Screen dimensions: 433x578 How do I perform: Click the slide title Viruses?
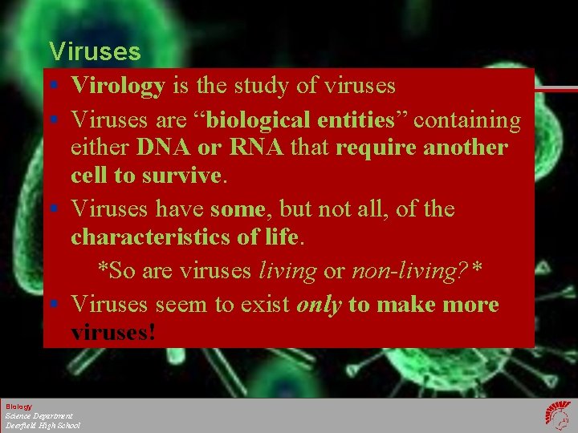(x=95, y=52)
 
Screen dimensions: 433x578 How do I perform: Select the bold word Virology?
(x=118, y=85)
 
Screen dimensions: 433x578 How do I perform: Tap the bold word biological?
(x=260, y=120)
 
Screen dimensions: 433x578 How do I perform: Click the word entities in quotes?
(x=356, y=120)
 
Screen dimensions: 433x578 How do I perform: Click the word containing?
(x=466, y=120)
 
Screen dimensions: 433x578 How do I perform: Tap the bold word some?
(x=238, y=209)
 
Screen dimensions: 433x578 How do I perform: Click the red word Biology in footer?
(x=19, y=407)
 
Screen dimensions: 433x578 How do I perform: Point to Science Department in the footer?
(x=39, y=416)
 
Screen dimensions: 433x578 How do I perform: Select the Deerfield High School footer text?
(x=43, y=426)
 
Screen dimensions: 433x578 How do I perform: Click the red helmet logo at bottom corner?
(x=556, y=415)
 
